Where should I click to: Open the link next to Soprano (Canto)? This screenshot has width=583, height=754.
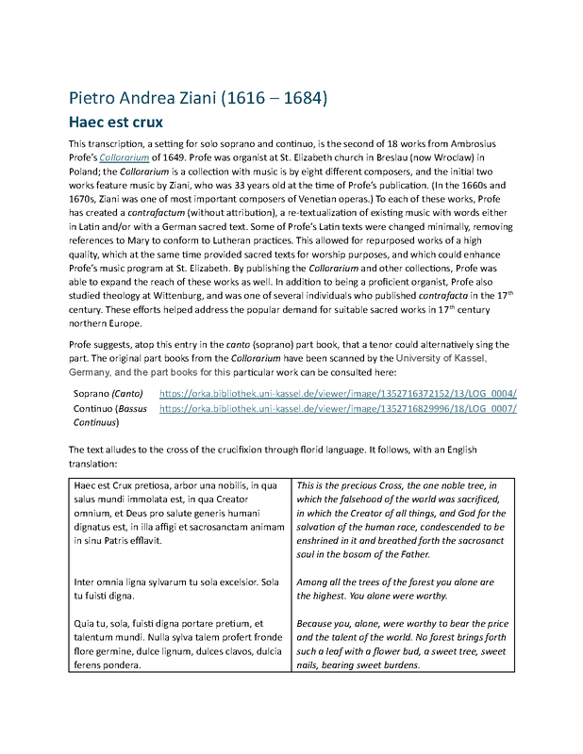click(x=338, y=393)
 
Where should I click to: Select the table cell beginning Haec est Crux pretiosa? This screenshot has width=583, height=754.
click(x=180, y=513)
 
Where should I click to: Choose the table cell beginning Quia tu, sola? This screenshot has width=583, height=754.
click(x=180, y=644)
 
